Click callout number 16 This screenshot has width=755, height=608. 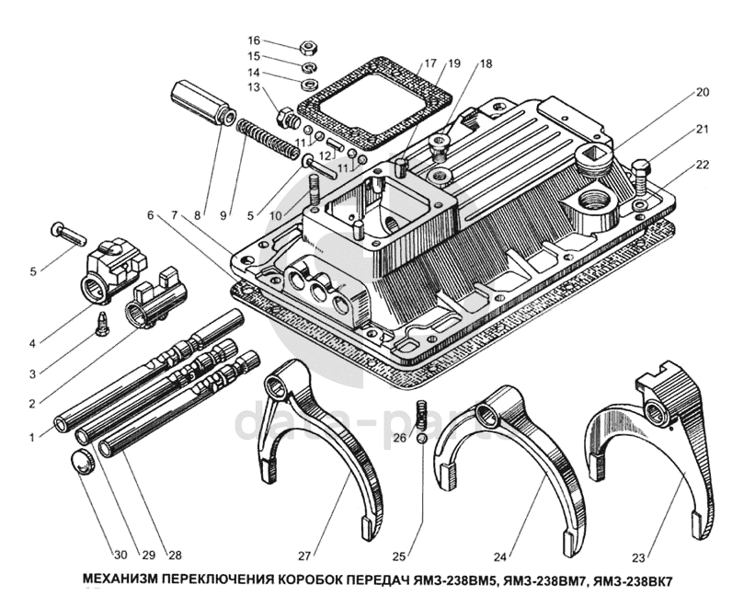click(x=254, y=40)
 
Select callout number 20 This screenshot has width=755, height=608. click(x=703, y=92)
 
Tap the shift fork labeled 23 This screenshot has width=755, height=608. click(x=662, y=432)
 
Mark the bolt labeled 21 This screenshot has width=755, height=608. click(x=643, y=174)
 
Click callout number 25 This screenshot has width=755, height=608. click(x=398, y=555)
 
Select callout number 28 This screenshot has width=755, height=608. click(x=174, y=555)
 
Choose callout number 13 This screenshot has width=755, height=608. click(x=254, y=87)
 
